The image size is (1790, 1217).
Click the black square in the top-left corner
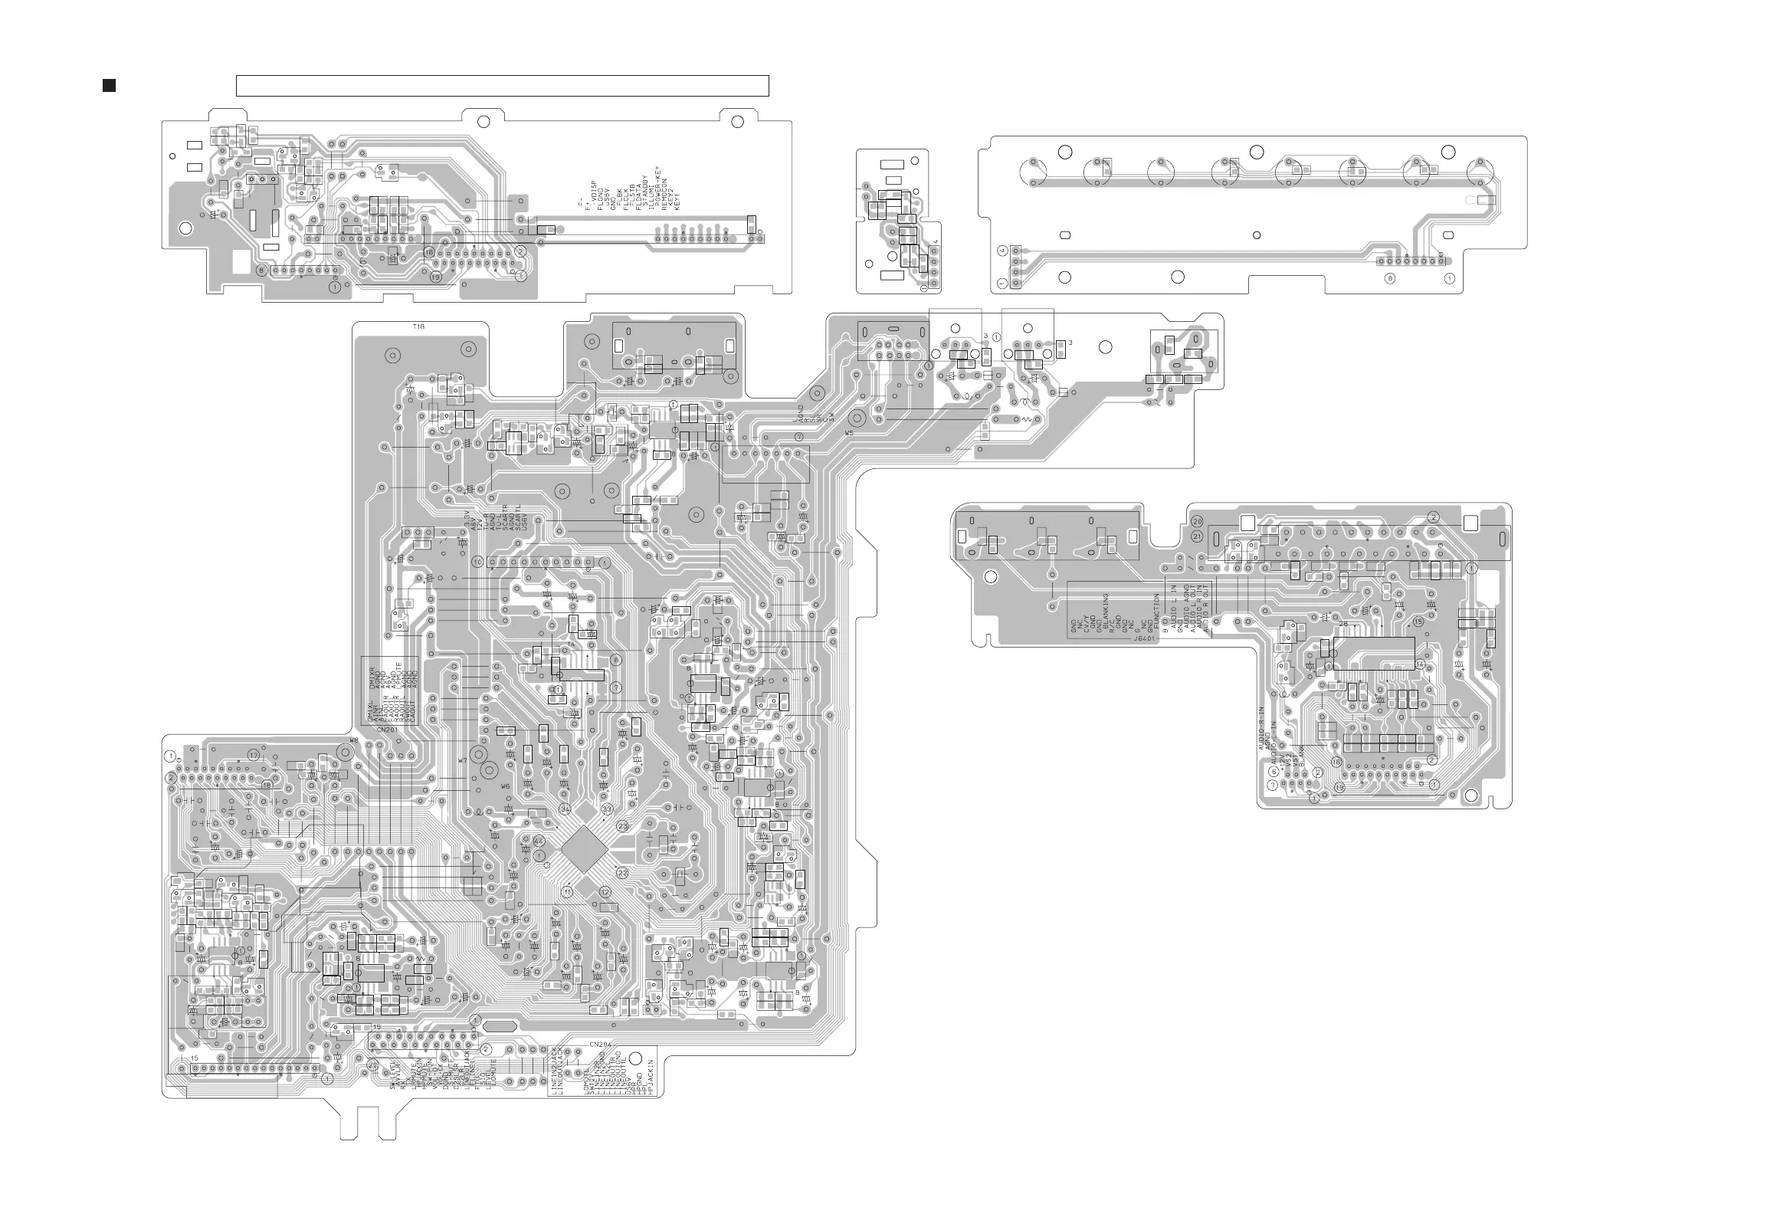click(x=109, y=86)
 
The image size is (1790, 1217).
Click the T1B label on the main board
click(x=418, y=327)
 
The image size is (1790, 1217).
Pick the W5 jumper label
click(x=849, y=434)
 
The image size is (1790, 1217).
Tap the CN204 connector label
click(x=599, y=1045)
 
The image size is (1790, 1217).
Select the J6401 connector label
click(x=1145, y=638)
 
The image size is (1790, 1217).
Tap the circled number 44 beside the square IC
click(x=539, y=841)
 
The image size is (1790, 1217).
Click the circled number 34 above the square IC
click(x=566, y=809)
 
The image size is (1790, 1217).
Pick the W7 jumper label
click(x=462, y=761)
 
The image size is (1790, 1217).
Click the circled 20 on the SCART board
click(x=1197, y=522)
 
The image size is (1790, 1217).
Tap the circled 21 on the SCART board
click(x=1197, y=536)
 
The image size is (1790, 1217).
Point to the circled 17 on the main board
click(x=254, y=756)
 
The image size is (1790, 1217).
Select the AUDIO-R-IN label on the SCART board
click(x=1261, y=729)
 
